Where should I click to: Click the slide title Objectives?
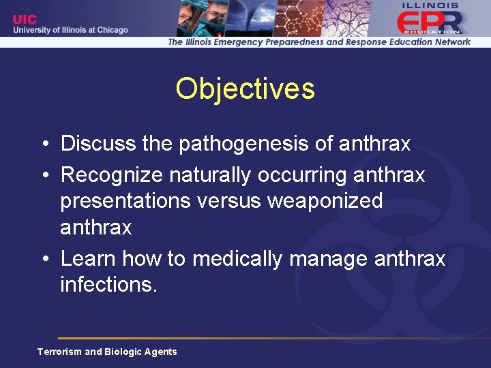(x=245, y=89)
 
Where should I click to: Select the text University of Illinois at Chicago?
(x=70, y=30)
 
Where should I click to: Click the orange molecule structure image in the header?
(x=300, y=17)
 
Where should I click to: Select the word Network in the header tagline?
(x=447, y=42)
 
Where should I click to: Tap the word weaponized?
(x=326, y=201)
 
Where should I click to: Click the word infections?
(x=108, y=284)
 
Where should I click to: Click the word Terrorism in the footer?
(x=59, y=352)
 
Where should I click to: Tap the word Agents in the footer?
(x=160, y=352)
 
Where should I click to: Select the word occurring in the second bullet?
(x=303, y=175)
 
